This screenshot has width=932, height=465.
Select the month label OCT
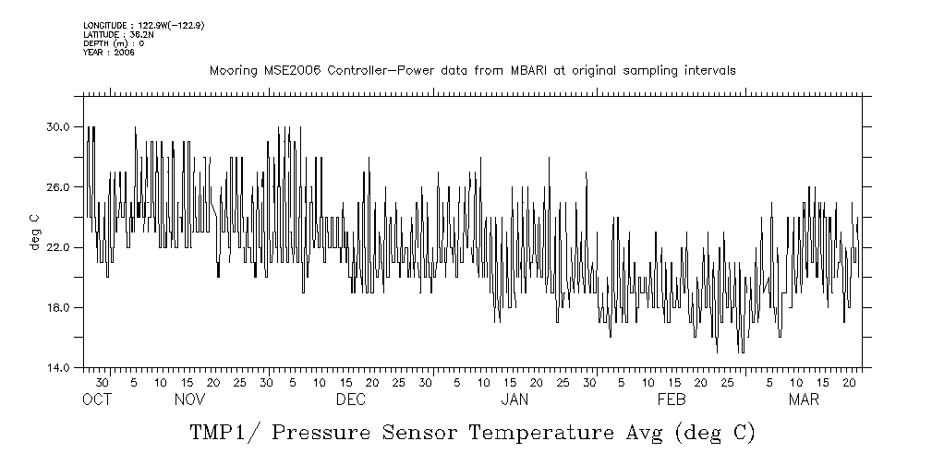[96, 399]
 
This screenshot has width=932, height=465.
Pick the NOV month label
[189, 399]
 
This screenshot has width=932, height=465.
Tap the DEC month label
[351, 399]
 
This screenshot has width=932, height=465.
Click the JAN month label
[514, 399]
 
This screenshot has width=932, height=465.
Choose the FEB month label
[672, 399]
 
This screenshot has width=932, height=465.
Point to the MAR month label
[804, 399]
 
